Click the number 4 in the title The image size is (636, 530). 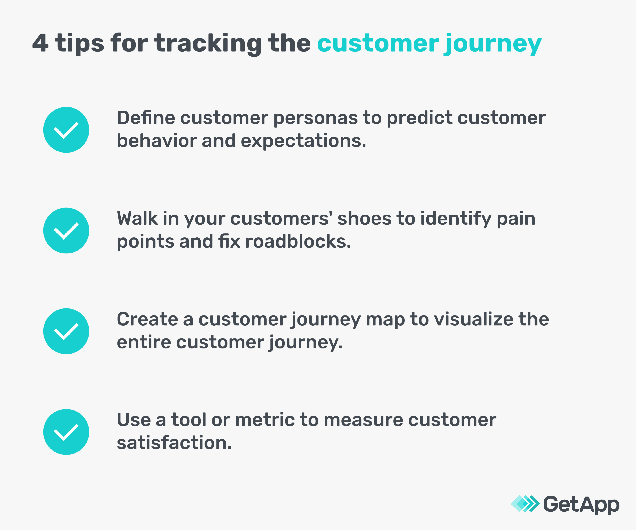tap(40, 43)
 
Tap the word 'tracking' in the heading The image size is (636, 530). tap(208, 43)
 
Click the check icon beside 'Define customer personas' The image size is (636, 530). tap(66, 130)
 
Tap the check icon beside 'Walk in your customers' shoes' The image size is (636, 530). tap(66, 231)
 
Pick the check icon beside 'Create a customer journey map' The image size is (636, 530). tap(66, 331)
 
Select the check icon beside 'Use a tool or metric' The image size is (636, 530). tap(66, 432)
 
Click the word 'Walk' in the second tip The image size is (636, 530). tap(137, 218)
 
